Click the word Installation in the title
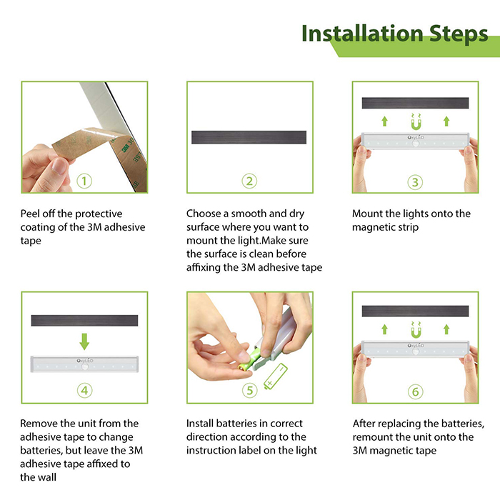[362, 33]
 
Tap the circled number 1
[84, 181]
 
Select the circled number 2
[249, 181]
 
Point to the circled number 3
[415, 182]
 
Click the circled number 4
[84, 390]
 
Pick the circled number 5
[250, 390]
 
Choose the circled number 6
[416, 391]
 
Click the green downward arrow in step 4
[84, 341]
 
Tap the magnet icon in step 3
[416, 121]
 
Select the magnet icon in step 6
[416, 330]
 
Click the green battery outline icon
[276, 376]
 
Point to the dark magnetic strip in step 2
[249, 137]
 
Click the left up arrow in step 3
[384, 121]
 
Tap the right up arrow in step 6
[446, 329]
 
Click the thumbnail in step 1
[84, 137]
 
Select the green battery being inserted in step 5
[250, 360]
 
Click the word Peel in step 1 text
[30, 214]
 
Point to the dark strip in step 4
[84, 321]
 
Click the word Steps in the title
[459, 34]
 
